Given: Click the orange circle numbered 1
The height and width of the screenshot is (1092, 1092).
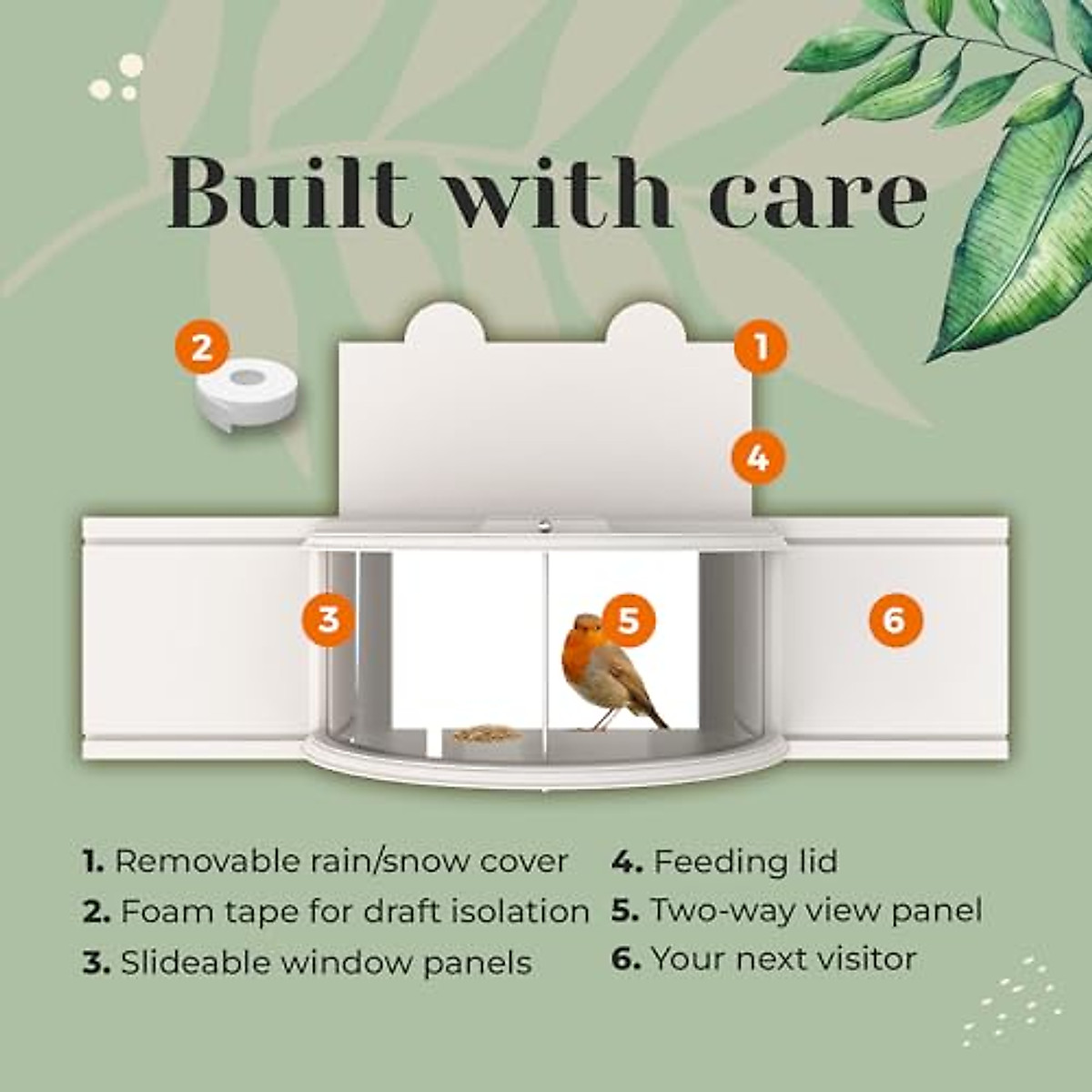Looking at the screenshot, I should pos(761,347).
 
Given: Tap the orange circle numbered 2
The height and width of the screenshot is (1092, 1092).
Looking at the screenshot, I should pos(202,347).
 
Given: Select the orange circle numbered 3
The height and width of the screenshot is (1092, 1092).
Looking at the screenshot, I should pos(329,620).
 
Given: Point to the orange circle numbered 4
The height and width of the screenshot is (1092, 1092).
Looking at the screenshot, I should pos(759,458).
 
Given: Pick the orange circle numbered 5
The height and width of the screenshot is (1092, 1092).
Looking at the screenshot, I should pos(629,621).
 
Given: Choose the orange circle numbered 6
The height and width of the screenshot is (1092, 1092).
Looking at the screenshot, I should pos(895,621).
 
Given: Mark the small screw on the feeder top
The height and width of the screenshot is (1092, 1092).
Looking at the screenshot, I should pos(542,524).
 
